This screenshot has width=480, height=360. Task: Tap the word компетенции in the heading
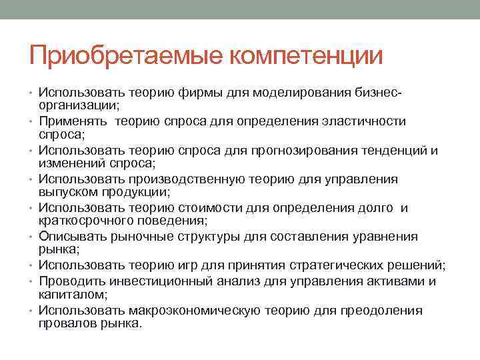(x=307, y=55)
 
